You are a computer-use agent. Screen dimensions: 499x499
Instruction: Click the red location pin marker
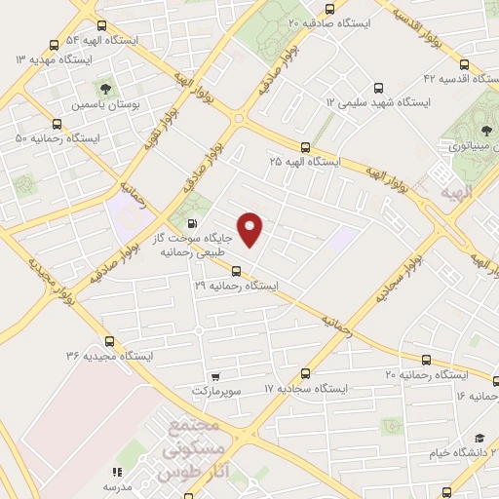[x=250, y=230]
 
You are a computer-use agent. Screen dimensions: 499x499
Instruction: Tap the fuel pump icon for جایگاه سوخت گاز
[x=176, y=222]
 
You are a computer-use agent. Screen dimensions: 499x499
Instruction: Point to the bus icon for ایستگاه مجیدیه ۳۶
[x=109, y=342]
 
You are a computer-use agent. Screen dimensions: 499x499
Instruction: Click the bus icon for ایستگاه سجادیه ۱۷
[x=305, y=373]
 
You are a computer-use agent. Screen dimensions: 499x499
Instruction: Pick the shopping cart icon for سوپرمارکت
[x=215, y=375]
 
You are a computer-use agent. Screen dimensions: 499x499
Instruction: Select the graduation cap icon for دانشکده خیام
[x=479, y=440]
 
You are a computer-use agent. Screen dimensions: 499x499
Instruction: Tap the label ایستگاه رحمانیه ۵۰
[x=58, y=138]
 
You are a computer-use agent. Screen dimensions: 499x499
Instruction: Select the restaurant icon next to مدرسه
[x=117, y=471]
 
